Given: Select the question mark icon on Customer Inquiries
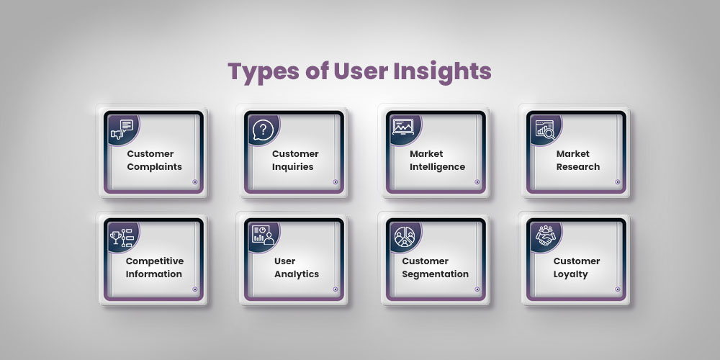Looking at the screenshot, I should [263, 130].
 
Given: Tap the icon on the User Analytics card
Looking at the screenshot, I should [262, 235].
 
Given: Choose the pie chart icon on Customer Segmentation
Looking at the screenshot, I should [403, 236].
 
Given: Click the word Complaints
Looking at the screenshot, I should [154, 167].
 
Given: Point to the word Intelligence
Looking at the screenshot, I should [437, 167].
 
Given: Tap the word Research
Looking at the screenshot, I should [577, 167].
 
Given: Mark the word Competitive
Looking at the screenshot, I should [154, 261].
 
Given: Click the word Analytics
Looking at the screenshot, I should [296, 274].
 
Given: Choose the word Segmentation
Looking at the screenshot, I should [436, 274].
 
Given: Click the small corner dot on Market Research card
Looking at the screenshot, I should [618, 182].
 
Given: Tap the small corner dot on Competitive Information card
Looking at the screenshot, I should [194, 289].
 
